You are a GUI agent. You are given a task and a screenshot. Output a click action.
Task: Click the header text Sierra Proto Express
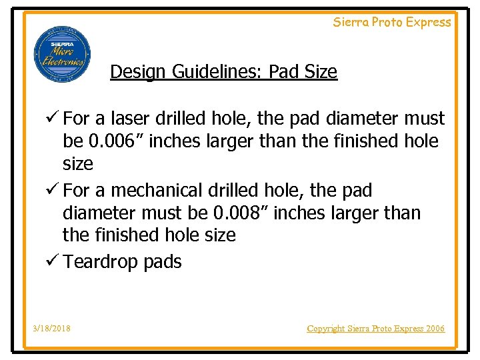392,22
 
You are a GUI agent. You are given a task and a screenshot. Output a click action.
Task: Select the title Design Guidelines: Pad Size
223,71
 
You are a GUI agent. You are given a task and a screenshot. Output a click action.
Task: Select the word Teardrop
101,262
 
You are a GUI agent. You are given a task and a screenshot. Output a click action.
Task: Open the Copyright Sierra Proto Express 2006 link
375,329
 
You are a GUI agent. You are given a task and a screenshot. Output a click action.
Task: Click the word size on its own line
77,164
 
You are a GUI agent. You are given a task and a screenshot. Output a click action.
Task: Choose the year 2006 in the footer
434,329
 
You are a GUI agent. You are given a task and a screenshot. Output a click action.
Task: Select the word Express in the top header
429,22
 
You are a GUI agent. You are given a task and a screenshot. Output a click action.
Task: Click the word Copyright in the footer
326,329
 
